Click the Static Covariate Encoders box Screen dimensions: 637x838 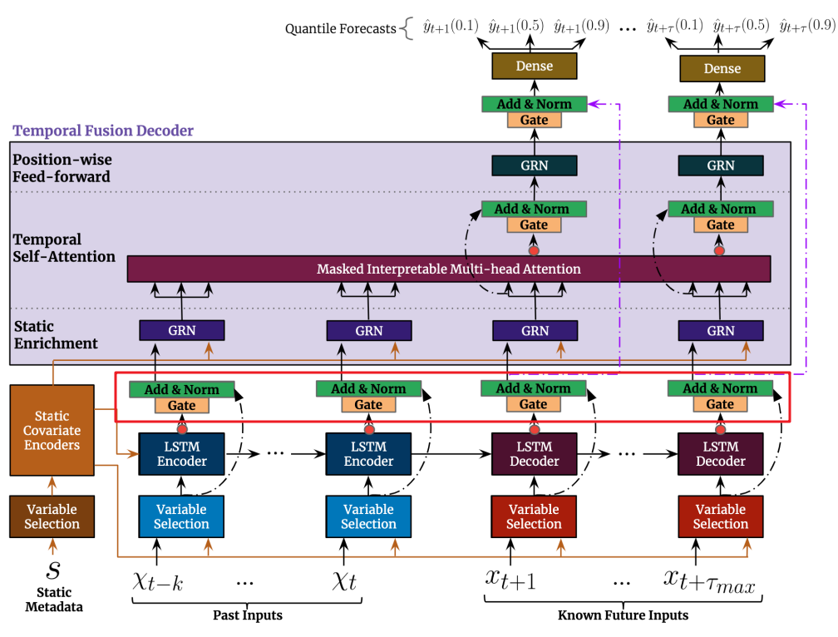(52, 430)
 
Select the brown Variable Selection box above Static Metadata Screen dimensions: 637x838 (52, 516)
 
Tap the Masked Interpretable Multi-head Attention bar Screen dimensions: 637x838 (449, 269)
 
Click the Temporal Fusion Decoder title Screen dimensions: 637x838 (103, 131)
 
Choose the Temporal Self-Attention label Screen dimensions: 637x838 (64, 248)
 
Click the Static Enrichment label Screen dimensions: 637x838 (55, 334)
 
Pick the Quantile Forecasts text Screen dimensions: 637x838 (340, 28)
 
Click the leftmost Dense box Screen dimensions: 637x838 (534, 67)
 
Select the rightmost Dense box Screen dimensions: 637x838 (721, 68)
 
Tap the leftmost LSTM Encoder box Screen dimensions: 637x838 (181, 453)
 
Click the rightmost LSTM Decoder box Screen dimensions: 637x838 (720, 453)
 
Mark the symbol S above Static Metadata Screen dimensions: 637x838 (53, 570)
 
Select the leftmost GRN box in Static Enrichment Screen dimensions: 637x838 (181, 330)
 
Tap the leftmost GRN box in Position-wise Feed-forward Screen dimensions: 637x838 (534, 165)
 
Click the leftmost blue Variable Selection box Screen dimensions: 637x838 (181, 516)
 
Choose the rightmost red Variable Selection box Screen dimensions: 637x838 (720, 516)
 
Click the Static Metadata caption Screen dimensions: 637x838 (53, 600)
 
